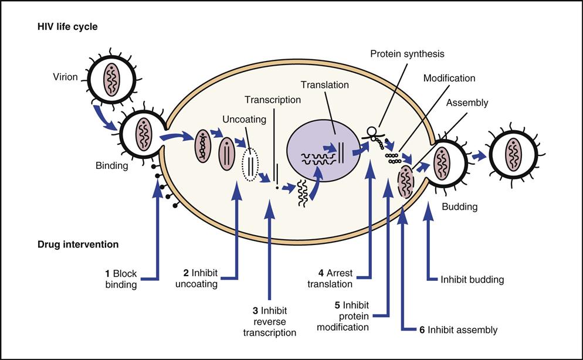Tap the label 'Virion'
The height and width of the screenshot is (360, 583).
[65, 77]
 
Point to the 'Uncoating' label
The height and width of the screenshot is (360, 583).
[244, 119]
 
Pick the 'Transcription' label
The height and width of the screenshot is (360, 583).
[273, 100]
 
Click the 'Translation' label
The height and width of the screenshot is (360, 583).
[324, 85]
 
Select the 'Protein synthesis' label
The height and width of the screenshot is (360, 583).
[407, 54]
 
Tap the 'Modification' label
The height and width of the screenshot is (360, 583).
[449, 78]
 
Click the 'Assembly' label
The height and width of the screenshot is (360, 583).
[467, 103]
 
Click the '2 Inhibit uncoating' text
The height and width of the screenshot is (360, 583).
[200, 279]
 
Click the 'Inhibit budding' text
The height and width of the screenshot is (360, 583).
[472, 280]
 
